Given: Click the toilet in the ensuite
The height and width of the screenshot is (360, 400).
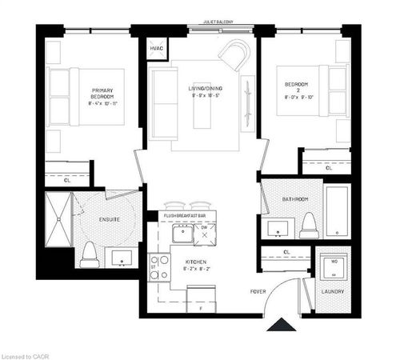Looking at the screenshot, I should coord(90,255).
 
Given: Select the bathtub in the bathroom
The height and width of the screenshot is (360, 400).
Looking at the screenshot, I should coord(337,212).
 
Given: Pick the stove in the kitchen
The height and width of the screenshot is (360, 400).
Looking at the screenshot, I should coord(159,266).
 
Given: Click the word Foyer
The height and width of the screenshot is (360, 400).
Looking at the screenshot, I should coord(257,290).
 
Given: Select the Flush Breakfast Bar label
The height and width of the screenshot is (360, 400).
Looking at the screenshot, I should coord(185,216).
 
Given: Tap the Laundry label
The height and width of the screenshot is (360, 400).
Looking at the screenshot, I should coord(333,291).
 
